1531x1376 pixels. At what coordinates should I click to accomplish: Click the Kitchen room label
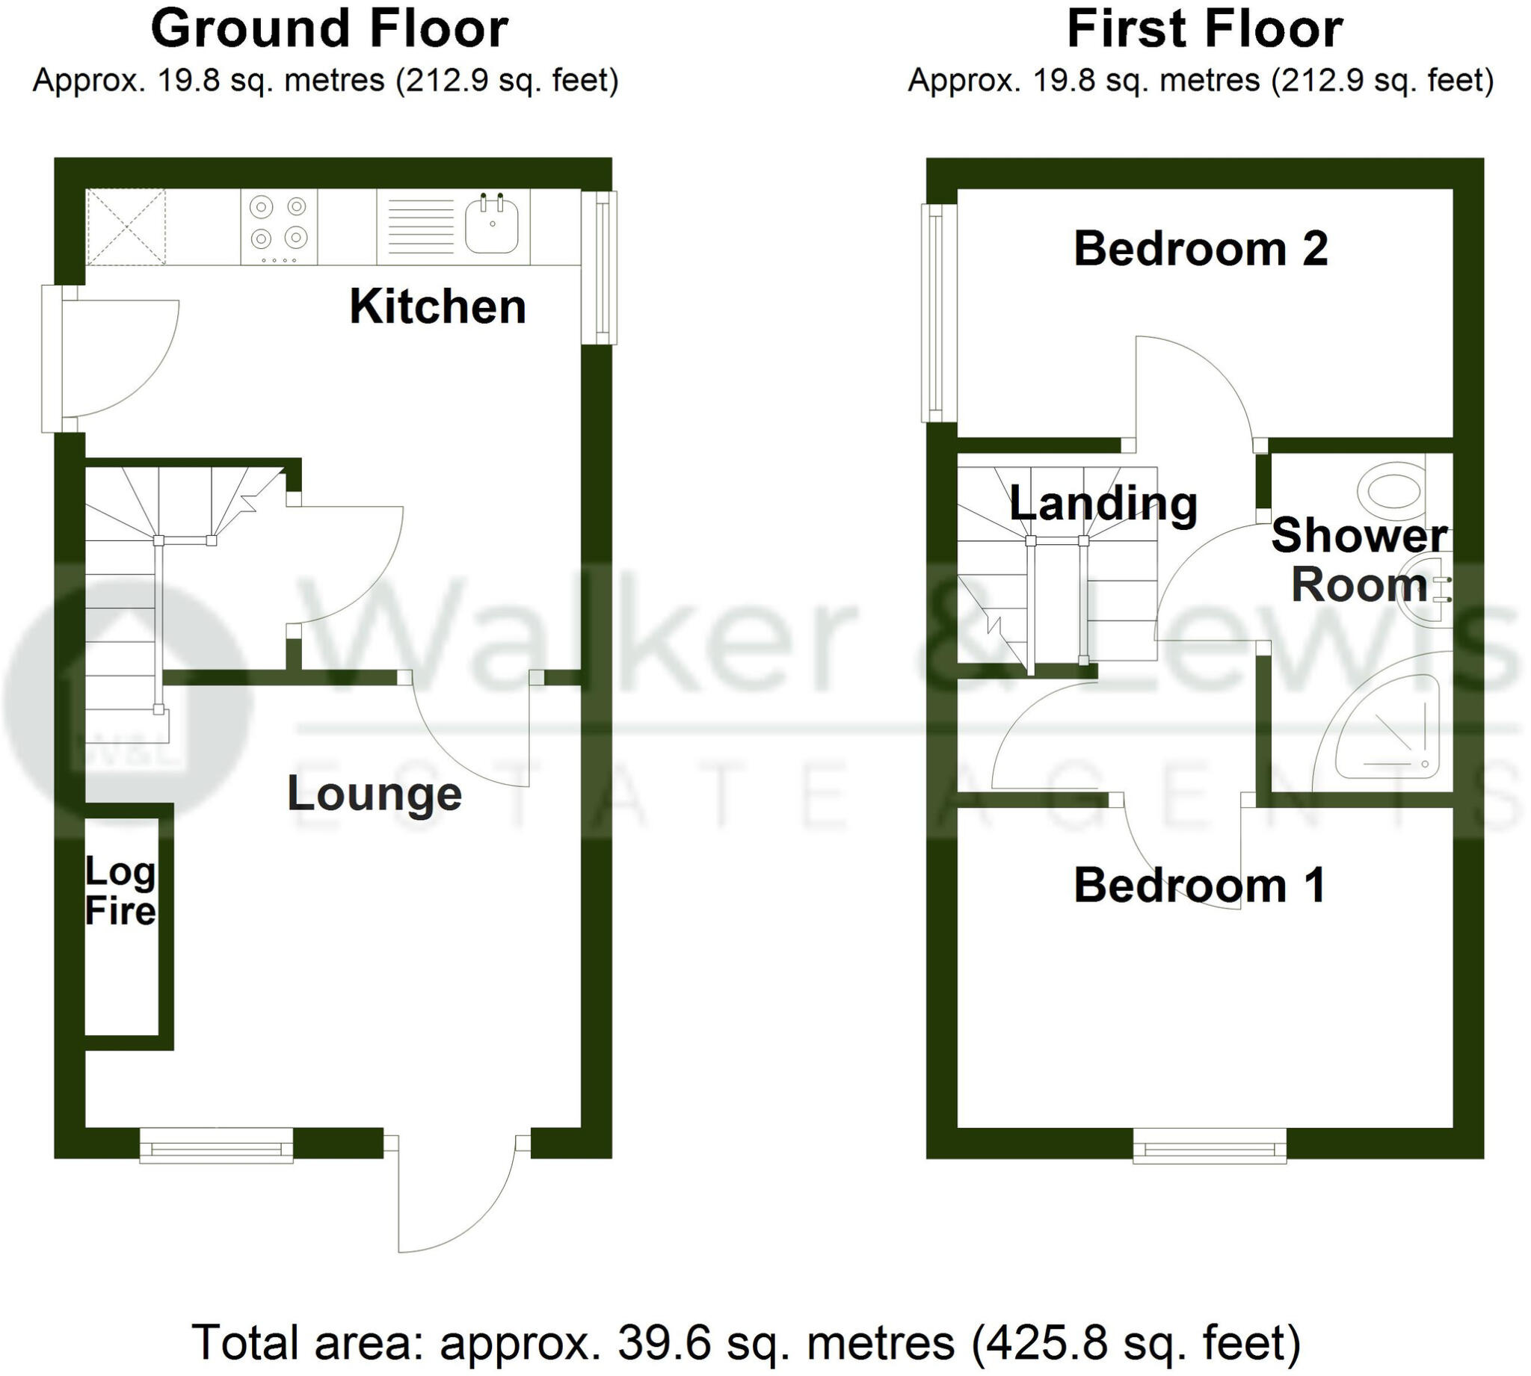(437, 307)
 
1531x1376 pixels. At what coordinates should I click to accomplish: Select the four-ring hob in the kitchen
(279, 225)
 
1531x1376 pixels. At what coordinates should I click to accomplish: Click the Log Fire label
(120, 892)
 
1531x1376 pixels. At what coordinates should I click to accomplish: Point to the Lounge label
(375, 794)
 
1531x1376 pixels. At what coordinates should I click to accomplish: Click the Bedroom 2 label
(1200, 249)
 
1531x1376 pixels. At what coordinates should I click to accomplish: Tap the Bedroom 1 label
(1199, 886)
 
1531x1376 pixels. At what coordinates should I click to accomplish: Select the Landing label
(1103, 504)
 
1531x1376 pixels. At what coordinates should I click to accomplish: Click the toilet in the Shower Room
(1392, 489)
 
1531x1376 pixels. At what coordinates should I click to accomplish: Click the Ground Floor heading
(330, 28)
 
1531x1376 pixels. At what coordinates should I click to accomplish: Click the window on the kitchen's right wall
(602, 267)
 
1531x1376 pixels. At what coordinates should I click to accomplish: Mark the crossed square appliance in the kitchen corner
(126, 226)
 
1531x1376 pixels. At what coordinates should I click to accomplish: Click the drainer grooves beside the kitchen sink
(420, 224)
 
